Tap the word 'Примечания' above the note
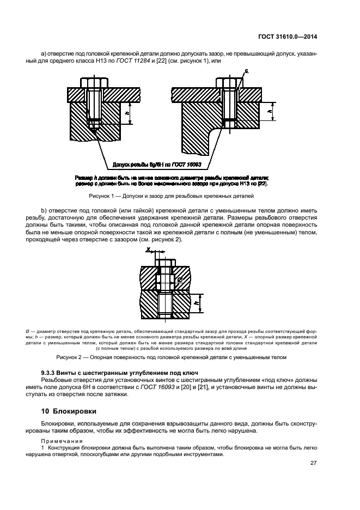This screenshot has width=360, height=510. click(x=59, y=440)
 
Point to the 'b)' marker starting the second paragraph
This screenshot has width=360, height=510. click(x=44, y=210)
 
